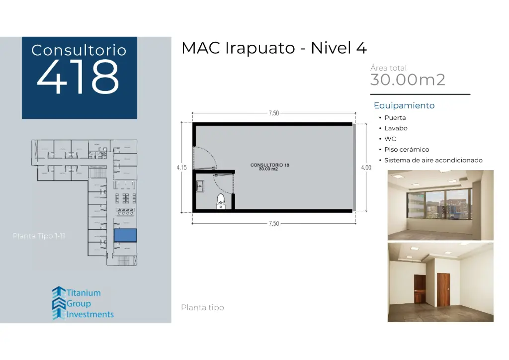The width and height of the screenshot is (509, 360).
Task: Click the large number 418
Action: coord(79,78)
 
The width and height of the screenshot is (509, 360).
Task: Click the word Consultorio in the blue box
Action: coord(79,50)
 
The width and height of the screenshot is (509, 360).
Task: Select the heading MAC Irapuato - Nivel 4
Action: coord(274,48)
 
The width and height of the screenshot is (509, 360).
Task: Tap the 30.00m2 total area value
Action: coord(408,80)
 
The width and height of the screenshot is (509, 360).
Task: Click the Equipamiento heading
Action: coord(404,105)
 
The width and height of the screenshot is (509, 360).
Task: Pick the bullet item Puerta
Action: coord(395,118)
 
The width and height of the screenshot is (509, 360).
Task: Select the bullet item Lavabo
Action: coord(396,128)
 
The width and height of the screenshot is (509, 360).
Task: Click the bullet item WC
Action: coord(390,139)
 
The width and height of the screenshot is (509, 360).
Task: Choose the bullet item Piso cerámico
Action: coord(406,150)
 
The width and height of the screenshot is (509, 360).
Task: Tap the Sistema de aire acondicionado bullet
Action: coord(433,160)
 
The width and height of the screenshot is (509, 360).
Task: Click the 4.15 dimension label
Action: coord(181,168)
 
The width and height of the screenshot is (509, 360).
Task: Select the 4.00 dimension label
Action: coord(366,168)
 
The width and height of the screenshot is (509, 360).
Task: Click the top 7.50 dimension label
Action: coord(273,113)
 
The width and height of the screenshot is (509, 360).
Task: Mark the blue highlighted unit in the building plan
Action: coord(125,236)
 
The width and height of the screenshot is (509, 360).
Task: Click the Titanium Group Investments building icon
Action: coord(59,302)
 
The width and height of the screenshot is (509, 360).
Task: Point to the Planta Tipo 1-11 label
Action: coord(39,236)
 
